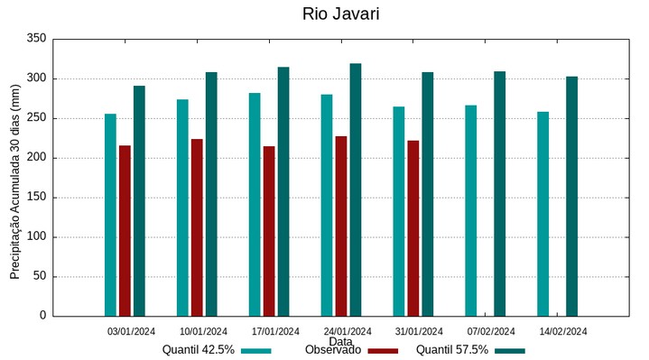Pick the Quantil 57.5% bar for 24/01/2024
point(356,189)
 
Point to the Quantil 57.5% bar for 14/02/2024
point(571,196)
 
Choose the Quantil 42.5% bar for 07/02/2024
point(470,210)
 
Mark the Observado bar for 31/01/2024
point(413,228)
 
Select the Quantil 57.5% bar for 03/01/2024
point(139,200)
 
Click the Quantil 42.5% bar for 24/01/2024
point(327,205)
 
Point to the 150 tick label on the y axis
point(37,198)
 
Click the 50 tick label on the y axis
point(40,276)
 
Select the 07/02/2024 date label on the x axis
point(491,331)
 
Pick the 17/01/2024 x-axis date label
point(275,331)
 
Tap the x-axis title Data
point(340,342)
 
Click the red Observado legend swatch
point(383,351)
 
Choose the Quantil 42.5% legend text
point(199,350)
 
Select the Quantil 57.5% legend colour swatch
point(510,351)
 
